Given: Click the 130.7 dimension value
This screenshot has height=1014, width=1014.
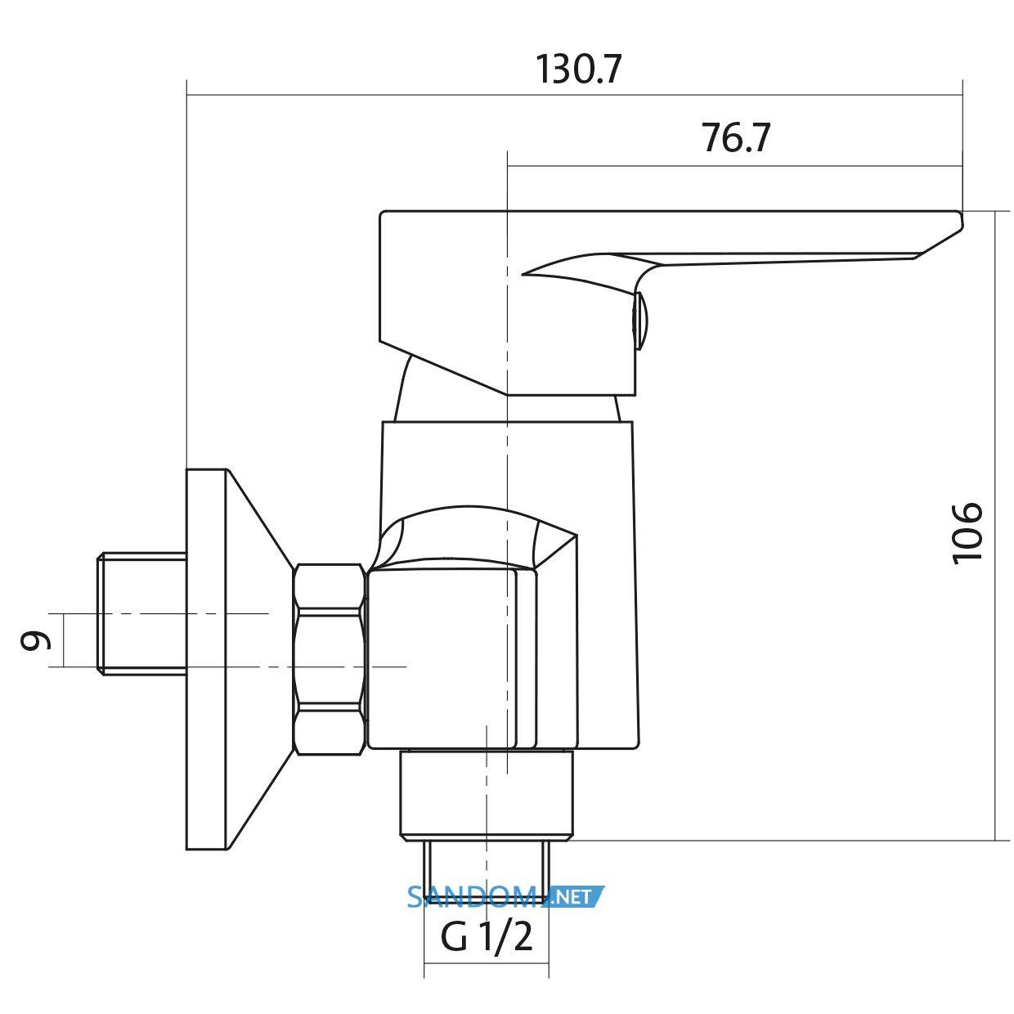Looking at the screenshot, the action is click(x=578, y=69).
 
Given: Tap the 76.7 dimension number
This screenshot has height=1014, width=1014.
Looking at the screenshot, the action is click(x=736, y=137).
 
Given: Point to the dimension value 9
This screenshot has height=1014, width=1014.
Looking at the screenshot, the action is click(x=35, y=640).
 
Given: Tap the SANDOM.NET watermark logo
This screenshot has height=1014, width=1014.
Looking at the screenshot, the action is click(x=506, y=897).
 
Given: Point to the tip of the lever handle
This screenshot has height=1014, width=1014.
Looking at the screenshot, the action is click(x=962, y=221).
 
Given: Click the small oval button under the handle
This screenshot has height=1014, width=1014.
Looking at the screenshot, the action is click(x=640, y=321).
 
